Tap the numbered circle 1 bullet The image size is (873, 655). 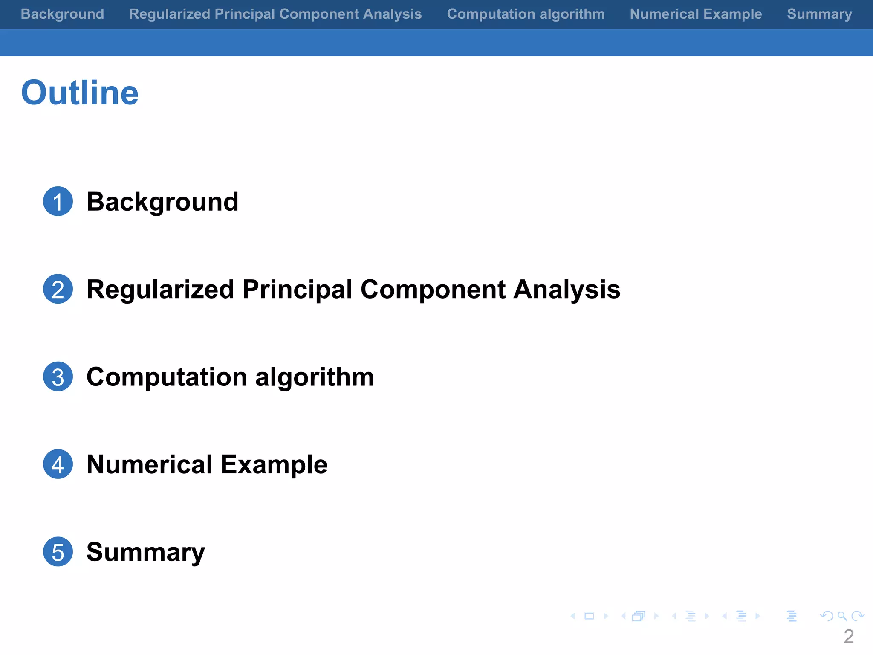point(58,201)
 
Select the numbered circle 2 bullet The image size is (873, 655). point(58,289)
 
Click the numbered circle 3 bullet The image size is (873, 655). point(58,377)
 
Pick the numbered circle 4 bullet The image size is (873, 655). point(58,464)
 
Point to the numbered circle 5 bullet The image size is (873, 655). point(58,552)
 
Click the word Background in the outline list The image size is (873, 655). point(162,202)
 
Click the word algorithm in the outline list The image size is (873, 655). point(315,377)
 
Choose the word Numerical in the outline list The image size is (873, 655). point(149,464)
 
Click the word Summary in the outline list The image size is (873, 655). point(145,552)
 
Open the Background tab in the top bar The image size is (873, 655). point(62,14)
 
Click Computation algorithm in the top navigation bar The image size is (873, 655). point(526,14)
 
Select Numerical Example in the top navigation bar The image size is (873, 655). point(696,14)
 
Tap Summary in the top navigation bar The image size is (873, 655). point(819,14)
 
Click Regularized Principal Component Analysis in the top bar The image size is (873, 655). point(275,14)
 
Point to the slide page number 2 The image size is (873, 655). point(848,637)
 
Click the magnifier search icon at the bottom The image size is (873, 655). point(842,616)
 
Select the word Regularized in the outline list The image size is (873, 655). point(160,290)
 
